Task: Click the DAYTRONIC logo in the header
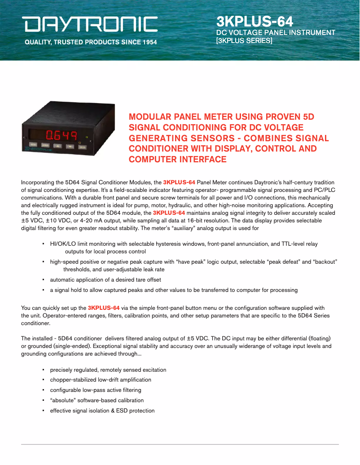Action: coord(91,24)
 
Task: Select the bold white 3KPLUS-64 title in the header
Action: coord(255,21)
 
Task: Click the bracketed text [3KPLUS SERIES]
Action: coord(244,40)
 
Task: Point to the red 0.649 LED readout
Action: coord(62,135)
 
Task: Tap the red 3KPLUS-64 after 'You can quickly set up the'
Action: coord(104,308)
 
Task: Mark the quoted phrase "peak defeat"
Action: coord(283,261)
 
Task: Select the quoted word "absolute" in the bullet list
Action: coord(63,400)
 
